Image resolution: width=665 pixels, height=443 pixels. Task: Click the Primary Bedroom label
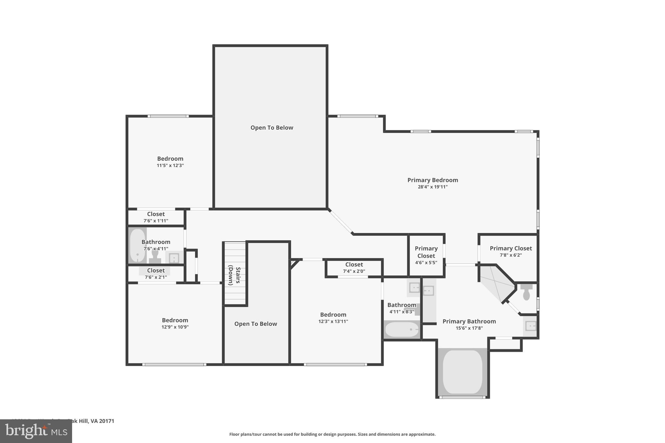click(433, 180)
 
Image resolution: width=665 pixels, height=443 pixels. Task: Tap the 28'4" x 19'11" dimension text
click(433, 187)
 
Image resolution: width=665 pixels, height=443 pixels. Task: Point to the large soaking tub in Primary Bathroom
click(462, 372)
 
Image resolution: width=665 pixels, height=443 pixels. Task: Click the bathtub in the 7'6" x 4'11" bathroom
click(137, 245)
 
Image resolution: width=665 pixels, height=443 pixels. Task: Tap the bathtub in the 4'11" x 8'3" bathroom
click(402, 330)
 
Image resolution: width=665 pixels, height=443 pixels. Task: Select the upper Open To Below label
click(272, 128)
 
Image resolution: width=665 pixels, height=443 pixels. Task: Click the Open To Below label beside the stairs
click(256, 324)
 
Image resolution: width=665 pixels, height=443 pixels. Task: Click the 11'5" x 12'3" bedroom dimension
click(170, 166)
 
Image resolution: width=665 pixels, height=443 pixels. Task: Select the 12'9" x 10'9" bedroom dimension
click(175, 327)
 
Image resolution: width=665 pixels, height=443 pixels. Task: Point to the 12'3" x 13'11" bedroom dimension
click(333, 322)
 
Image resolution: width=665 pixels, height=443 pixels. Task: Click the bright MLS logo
click(36, 431)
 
